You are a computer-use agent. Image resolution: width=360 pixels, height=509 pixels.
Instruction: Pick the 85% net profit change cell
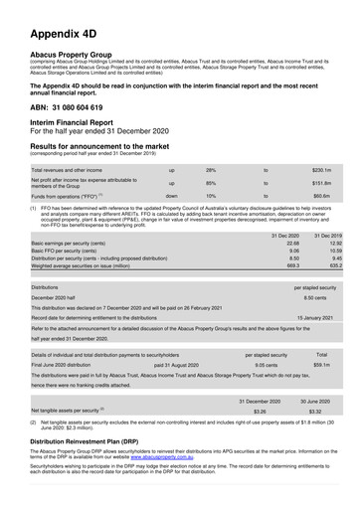click(211, 183)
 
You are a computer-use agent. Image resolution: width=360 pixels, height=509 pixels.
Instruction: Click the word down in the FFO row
click(172, 197)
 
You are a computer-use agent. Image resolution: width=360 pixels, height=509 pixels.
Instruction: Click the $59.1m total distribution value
click(321, 365)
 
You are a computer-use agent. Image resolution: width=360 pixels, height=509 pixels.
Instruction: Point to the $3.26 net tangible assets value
click(260, 410)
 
